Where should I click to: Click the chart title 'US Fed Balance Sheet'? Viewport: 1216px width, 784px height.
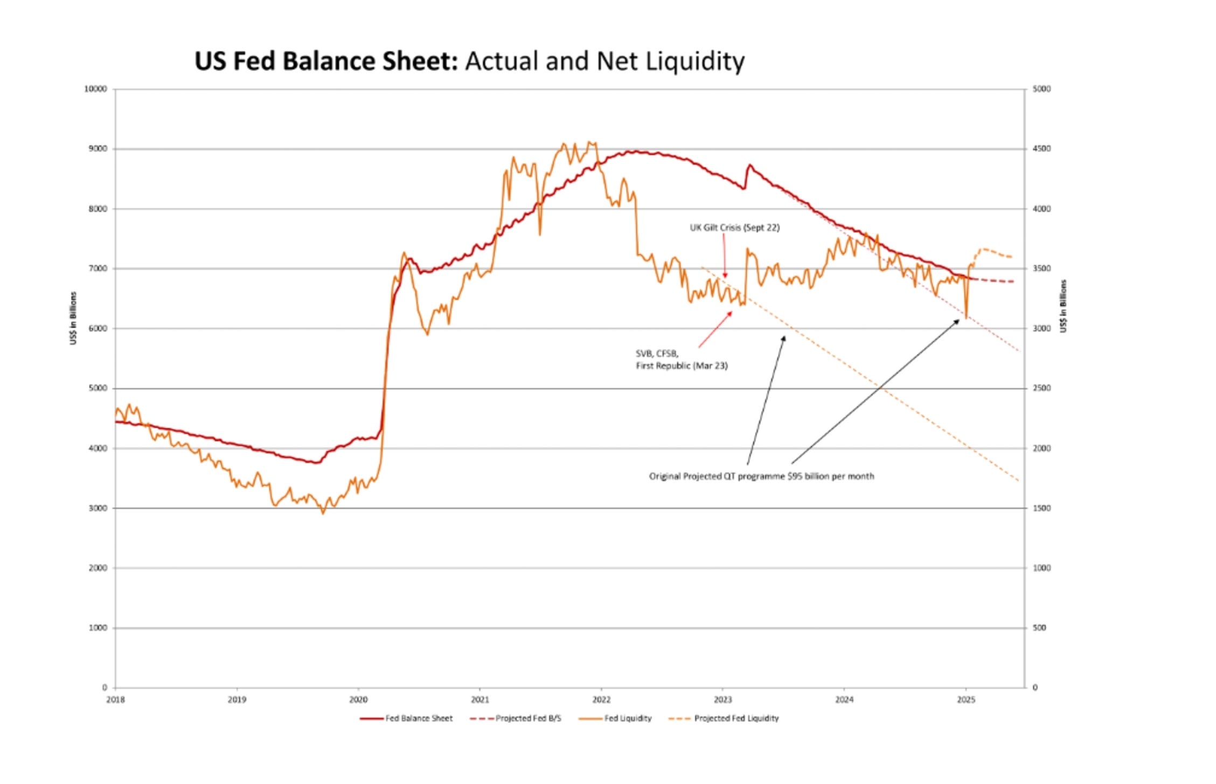coord(325,61)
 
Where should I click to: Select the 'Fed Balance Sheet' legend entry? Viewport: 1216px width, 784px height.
coord(418,718)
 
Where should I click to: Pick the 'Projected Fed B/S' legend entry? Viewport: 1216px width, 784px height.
coord(527,718)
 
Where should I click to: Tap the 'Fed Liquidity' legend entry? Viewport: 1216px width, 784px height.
coord(627,718)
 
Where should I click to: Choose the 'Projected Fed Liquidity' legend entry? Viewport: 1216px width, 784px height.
coord(736,718)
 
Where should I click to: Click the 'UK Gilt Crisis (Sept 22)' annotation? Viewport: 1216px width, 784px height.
coord(734,228)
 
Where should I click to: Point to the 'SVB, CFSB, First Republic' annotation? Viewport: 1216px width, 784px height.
coord(681,360)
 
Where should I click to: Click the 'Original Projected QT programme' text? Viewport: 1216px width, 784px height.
coord(761,476)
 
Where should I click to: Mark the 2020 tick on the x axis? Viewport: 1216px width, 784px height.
coord(358,700)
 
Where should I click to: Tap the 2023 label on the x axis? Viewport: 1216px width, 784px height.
coord(722,700)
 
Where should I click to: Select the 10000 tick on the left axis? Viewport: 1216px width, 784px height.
coord(95,89)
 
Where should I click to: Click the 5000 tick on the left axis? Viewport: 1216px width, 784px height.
coord(98,388)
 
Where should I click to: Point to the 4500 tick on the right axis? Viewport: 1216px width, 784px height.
coord(1041,149)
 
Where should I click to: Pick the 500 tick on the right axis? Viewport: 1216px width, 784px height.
coord(1039,628)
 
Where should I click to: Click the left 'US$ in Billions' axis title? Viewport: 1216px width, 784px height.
coord(73,318)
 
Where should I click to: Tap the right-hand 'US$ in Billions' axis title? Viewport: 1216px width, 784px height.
coord(1063,306)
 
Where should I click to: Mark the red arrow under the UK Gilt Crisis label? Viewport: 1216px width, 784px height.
coord(725,259)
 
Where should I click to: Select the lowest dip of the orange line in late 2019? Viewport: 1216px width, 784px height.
coord(323,513)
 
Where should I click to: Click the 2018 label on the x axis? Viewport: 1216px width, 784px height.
coord(115,700)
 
